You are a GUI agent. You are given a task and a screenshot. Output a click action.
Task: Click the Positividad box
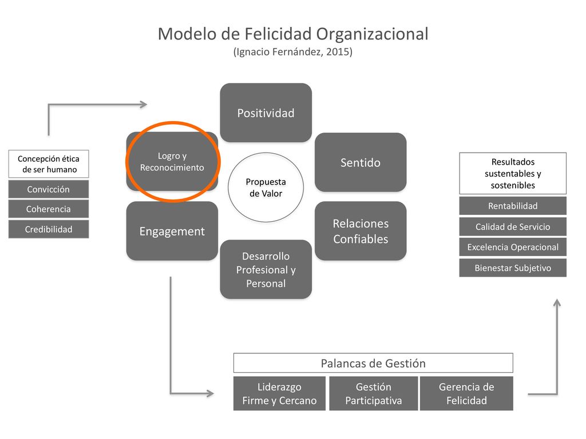266,113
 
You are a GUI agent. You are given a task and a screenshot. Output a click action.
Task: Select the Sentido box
361,162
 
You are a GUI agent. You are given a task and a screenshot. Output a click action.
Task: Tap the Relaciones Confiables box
361,231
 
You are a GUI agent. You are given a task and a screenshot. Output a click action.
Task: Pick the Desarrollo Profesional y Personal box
266,270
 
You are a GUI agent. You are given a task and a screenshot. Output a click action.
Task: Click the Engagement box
172,231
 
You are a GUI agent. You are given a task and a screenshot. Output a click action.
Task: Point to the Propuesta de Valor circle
266,187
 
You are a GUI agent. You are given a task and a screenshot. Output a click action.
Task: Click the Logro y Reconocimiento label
172,162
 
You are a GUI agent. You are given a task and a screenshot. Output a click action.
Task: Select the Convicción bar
49,189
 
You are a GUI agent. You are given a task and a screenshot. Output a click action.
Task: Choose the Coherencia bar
49,209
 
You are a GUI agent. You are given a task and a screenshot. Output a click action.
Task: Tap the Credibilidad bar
49,229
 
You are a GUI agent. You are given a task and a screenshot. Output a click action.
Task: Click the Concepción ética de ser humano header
49,164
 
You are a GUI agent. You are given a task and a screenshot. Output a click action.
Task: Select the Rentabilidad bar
513,206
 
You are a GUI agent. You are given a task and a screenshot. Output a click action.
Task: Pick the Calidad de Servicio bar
513,226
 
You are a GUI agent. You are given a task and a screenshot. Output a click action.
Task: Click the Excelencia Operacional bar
513,247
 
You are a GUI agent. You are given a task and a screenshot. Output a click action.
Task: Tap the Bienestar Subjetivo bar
513,268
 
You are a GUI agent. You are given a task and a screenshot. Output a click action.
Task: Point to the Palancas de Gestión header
373,363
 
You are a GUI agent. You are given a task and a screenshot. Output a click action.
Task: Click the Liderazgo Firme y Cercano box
279,393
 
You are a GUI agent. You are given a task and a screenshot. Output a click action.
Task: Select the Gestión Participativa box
373,393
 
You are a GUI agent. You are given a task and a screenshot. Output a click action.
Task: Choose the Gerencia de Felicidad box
466,393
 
